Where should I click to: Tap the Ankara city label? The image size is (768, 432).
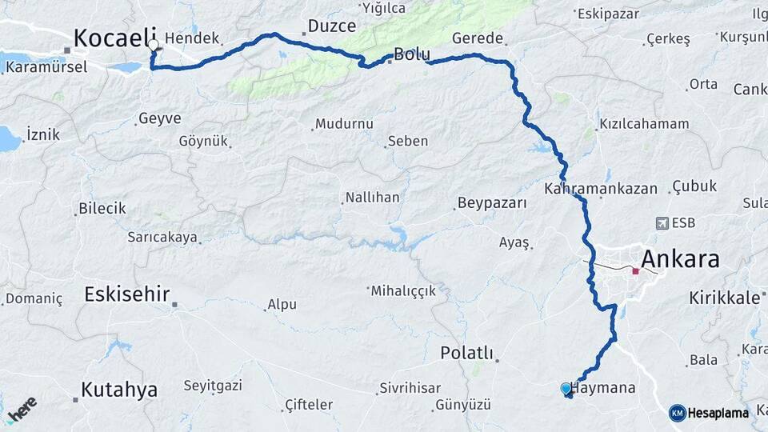680,259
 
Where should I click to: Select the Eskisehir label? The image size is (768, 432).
127,294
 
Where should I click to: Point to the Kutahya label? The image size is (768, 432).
119,390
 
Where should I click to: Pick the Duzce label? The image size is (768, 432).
332,26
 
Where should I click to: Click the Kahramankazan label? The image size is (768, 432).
600,190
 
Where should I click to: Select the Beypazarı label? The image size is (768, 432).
492,203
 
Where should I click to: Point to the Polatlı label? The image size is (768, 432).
467,353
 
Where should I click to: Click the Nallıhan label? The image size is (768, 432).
372,198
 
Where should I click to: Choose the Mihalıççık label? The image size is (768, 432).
403,291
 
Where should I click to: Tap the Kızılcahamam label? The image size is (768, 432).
643,124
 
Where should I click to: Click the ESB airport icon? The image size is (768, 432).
662,223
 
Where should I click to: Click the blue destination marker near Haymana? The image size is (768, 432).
566,389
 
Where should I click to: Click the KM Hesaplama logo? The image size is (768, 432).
709,413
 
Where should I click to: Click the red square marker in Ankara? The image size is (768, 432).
635,271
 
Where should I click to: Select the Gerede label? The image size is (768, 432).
478,38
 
